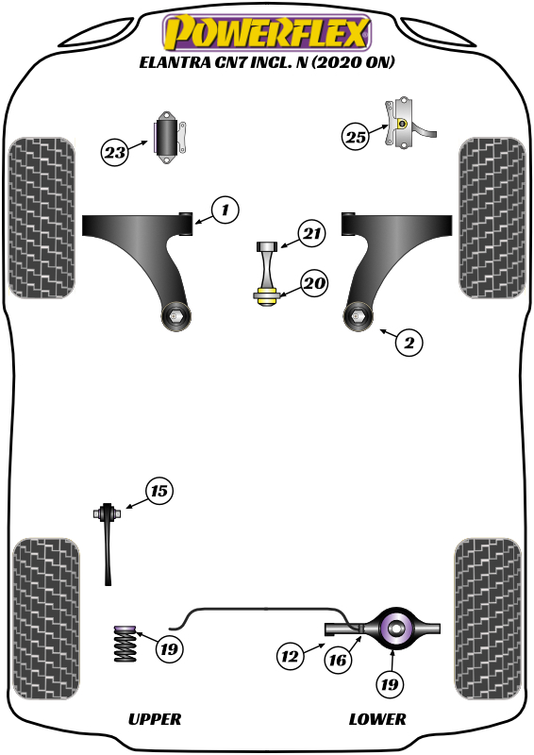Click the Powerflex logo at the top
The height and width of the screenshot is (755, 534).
click(265, 33)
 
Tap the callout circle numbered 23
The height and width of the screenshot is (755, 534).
click(115, 151)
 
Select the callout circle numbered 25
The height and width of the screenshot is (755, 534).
click(356, 137)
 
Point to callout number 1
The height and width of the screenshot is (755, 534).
click(225, 210)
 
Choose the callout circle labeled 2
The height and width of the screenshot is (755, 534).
click(409, 343)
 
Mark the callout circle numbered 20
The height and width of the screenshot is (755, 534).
click(314, 282)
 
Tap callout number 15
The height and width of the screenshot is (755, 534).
click(159, 491)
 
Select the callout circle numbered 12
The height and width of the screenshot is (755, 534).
click(291, 655)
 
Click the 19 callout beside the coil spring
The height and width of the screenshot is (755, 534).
click(170, 649)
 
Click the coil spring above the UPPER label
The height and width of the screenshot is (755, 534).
click(124, 650)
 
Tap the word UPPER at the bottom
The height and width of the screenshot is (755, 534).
click(154, 719)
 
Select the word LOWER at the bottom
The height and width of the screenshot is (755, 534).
click(377, 719)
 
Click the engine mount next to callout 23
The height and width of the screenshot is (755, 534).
click(170, 138)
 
